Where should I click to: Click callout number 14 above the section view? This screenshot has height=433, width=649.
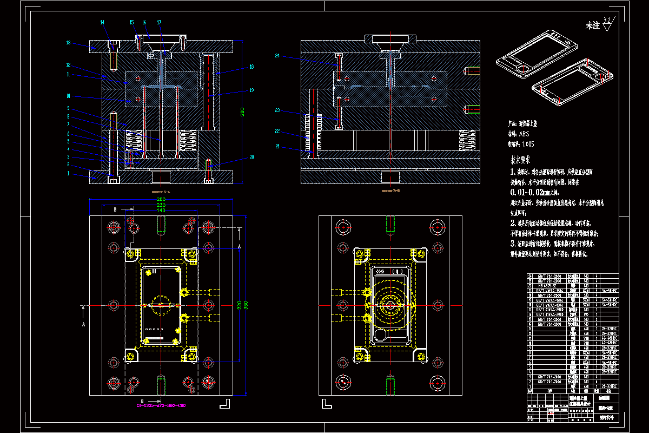103,22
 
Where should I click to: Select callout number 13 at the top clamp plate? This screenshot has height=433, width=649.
69,42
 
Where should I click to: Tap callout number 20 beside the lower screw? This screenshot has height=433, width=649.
251,158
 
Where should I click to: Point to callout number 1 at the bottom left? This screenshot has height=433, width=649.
69,174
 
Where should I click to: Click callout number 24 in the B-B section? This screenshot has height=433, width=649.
277,56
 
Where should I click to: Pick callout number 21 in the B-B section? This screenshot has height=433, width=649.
277,146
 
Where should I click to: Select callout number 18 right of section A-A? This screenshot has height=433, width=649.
251,67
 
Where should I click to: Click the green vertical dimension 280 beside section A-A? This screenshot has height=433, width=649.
243,113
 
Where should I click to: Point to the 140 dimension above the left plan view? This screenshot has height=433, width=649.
161,210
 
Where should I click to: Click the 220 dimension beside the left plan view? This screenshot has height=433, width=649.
238,305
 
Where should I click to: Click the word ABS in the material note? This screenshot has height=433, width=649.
524,133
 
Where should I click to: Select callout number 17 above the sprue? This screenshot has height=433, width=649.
160,22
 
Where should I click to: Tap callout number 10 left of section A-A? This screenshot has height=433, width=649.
69,96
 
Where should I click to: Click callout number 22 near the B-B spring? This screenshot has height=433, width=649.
277,130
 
